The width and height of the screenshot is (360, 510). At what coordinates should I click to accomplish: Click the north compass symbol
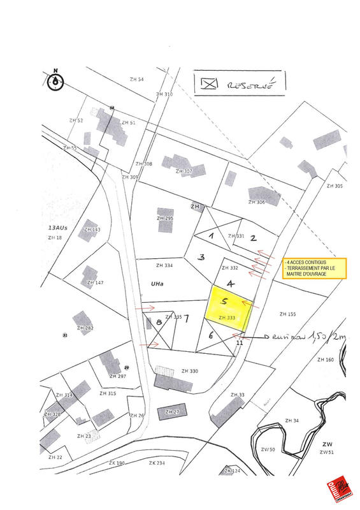[56, 80]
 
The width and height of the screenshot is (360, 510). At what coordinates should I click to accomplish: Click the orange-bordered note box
[314, 268]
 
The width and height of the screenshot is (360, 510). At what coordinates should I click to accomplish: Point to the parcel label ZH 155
[288, 314]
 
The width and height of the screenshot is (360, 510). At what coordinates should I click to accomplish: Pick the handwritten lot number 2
[253, 238]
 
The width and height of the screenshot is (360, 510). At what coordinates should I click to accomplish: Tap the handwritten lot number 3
[201, 258]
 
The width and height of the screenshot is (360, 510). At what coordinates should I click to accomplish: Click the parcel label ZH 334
[147, 265]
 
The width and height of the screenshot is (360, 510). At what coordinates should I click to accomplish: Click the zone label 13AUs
[57, 228]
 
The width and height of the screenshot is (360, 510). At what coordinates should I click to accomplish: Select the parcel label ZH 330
[190, 371]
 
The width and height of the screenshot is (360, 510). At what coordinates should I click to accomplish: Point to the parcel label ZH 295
[164, 219]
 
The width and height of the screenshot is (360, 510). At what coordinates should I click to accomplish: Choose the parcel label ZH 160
[325, 360]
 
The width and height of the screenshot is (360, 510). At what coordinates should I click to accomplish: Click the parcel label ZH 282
[85, 328]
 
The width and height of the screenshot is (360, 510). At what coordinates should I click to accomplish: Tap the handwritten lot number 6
[210, 334]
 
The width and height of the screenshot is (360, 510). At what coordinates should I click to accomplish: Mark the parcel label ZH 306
[257, 202]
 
